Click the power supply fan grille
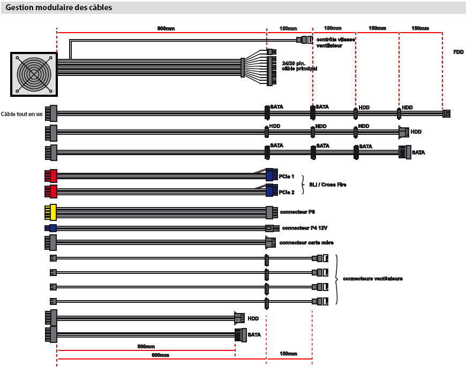tap(34, 74)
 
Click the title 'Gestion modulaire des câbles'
tap(59, 8)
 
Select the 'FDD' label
tap(458, 52)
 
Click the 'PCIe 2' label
tap(287, 192)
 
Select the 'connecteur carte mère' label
tap(306, 243)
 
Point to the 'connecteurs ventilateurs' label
tap(372, 279)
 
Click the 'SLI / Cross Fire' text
tap(327, 185)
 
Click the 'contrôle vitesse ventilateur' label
tap(336, 43)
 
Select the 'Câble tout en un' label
tap(22, 113)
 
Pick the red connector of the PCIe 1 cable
tap(51, 176)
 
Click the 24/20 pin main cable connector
tap(269, 67)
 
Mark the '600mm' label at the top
tap(161, 28)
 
